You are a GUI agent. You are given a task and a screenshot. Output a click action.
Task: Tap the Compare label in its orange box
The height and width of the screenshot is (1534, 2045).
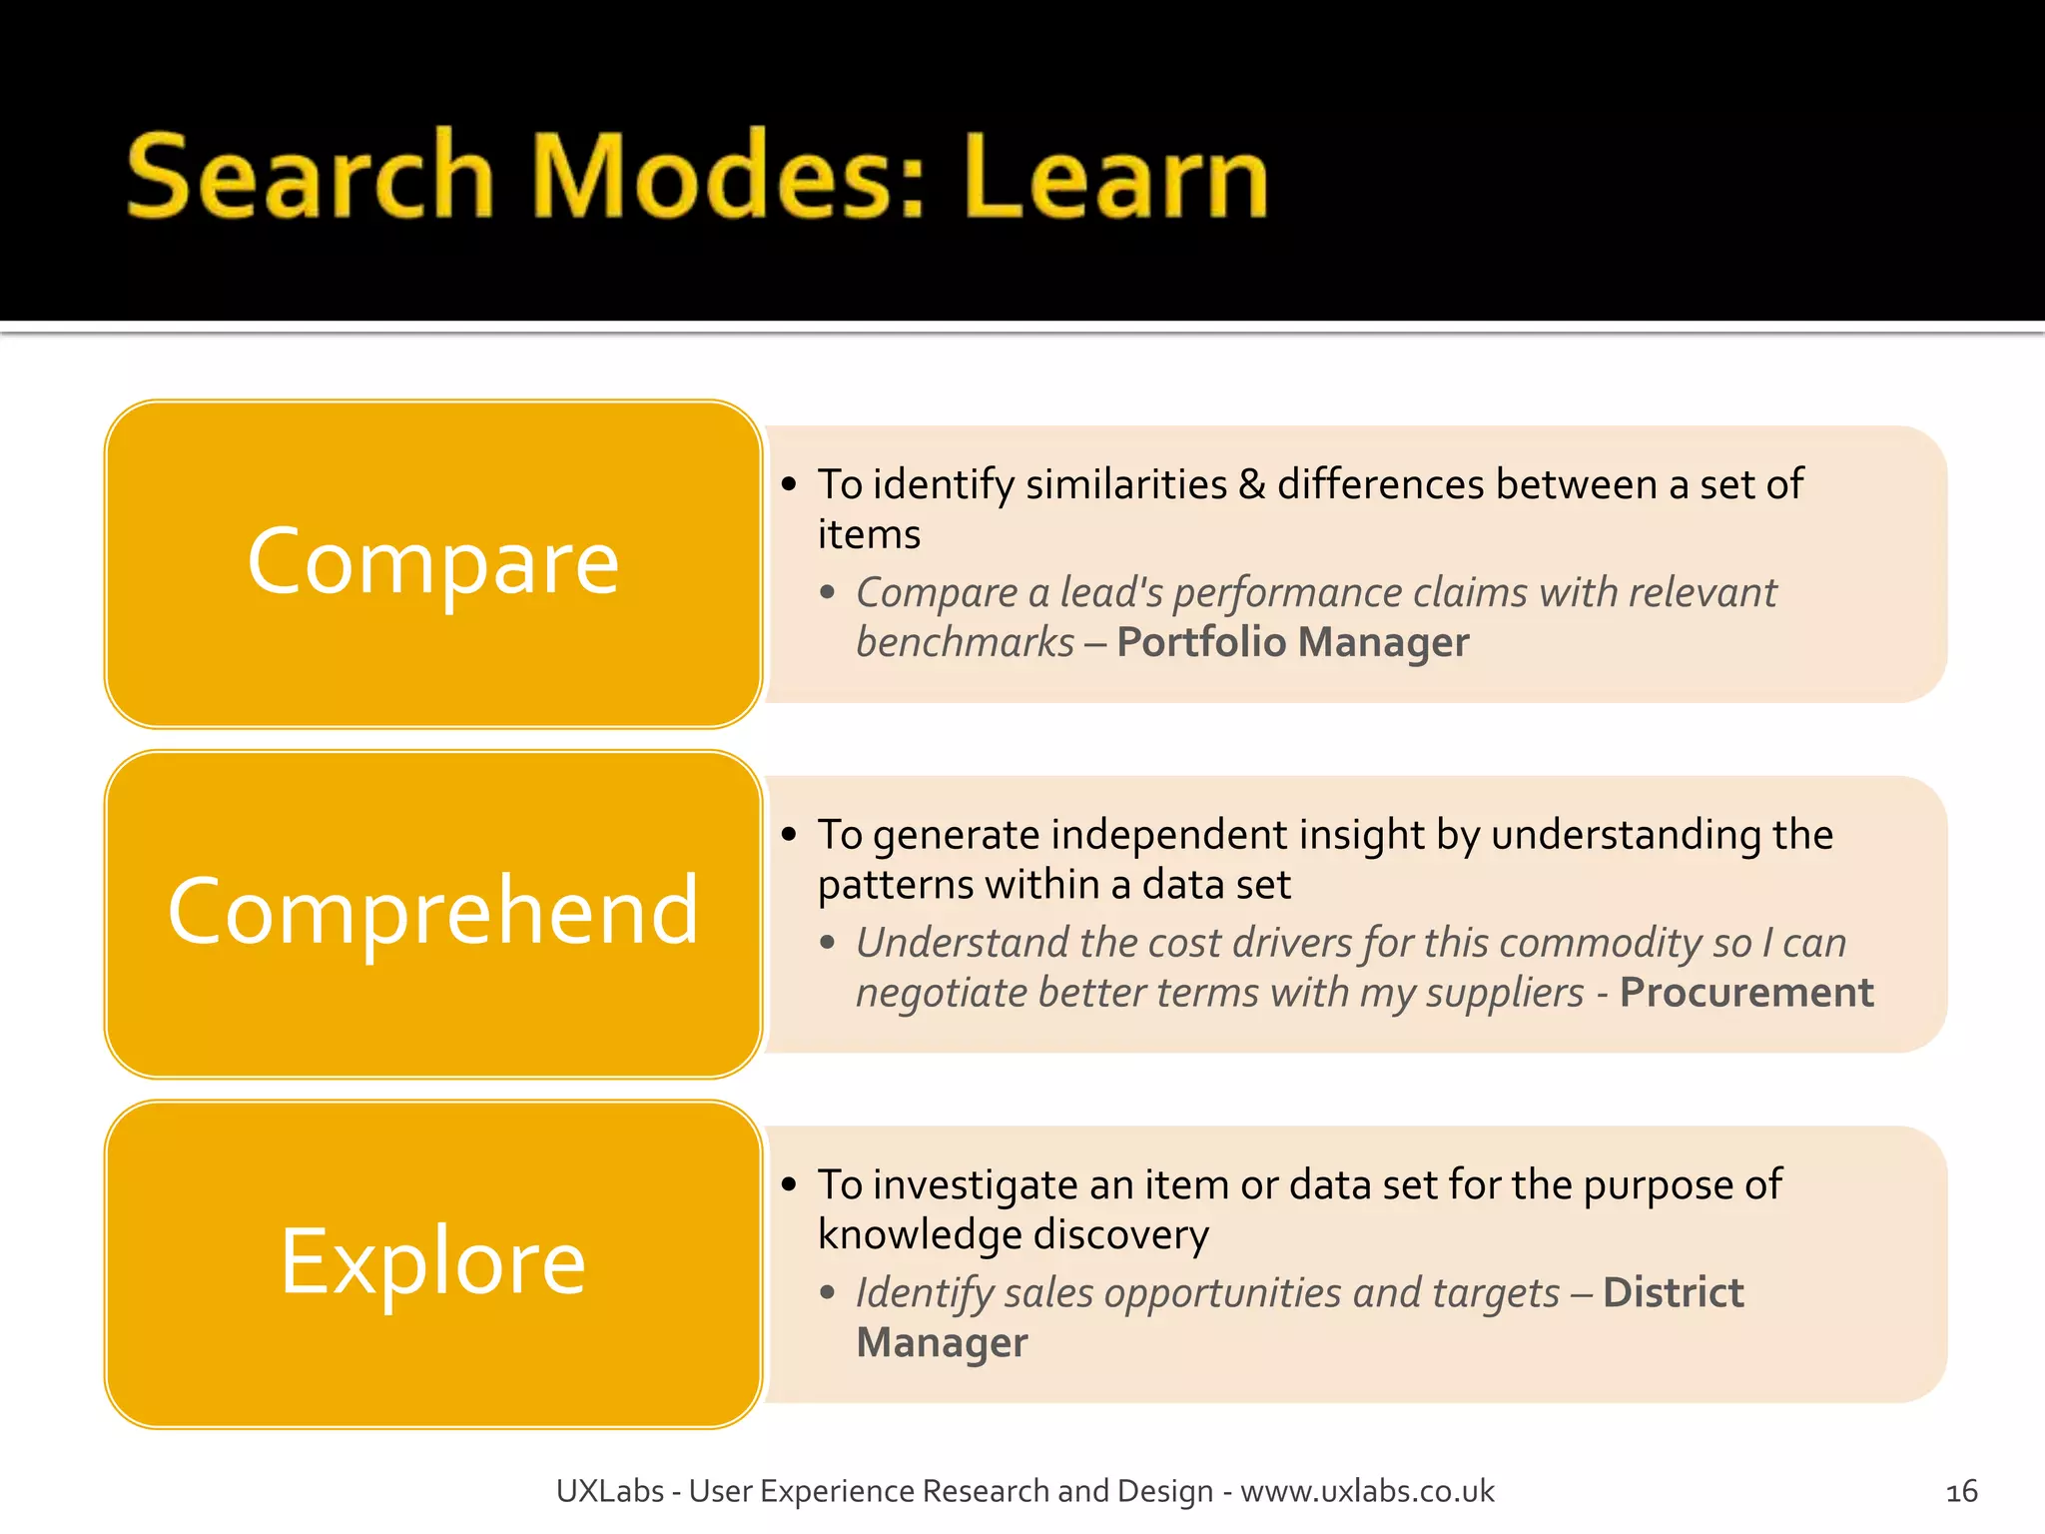[x=432, y=562]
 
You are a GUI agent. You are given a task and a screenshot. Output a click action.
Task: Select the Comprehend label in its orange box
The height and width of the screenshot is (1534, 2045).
[x=432, y=911]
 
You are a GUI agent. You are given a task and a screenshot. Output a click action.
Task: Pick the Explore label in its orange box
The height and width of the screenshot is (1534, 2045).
[x=432, y=1261]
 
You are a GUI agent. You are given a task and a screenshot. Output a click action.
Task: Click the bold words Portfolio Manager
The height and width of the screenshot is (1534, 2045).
[x=1292, y=642]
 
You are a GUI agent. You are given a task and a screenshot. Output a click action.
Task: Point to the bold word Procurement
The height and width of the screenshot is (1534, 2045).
[x=1745, y=993]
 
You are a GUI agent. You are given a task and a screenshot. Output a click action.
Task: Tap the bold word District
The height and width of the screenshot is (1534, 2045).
[x=1673, y=1292]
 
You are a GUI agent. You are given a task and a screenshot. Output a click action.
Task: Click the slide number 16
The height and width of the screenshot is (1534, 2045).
[x=1961, y=1492]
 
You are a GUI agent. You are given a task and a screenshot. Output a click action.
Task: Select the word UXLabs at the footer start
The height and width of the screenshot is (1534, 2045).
[x=609, y=1491]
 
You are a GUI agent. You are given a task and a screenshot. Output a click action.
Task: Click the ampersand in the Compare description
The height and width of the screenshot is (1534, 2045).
[x=1251, y=484]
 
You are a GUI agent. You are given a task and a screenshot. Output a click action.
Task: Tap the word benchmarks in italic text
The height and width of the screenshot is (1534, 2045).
[x=965, y=642]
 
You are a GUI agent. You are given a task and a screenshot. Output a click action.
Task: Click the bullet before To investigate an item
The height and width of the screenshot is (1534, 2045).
[x=790, y=1185]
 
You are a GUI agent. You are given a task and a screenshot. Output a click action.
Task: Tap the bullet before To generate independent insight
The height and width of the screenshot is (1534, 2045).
[x=790, y=835]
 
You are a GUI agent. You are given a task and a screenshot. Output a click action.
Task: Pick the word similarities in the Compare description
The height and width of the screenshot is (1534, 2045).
[x=1125, y=484]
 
